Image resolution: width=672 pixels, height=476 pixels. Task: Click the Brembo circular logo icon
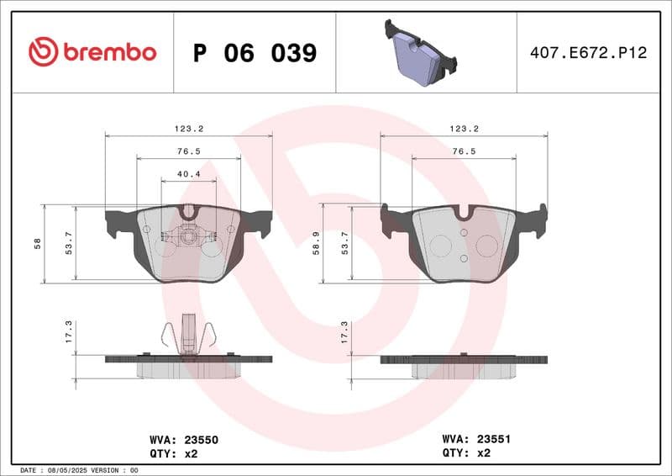tap(43, 52)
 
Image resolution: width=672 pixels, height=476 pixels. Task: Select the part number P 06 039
tap(255, 53)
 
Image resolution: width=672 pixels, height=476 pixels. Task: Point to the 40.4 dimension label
tap(188, 175)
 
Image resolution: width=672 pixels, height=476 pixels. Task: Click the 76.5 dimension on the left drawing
tap(188, 151)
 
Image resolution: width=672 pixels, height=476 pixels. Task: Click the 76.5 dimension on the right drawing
tap(464, 151)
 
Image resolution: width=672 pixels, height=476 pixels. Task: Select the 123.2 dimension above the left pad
tap(189, 129)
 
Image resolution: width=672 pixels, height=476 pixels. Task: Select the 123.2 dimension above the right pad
tap(464, 129)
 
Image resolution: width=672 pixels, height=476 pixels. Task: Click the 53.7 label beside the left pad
tap(70, 244)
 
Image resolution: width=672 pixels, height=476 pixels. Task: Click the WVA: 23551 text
tap(476, 438)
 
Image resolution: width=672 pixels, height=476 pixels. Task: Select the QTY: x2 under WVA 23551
tap(466, 452)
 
